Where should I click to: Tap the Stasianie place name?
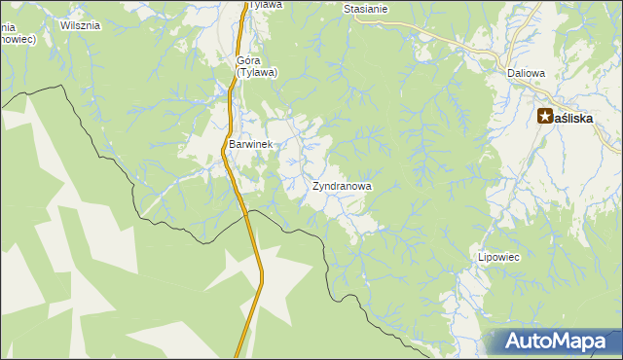366,9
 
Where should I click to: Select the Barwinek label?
251,144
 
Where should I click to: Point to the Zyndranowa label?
342,185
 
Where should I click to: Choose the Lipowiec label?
498,257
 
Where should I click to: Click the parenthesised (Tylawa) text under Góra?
257,72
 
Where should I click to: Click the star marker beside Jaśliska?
546,117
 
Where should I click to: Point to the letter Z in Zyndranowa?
316,185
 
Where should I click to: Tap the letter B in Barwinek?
232,144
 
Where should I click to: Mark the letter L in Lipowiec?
480,257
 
